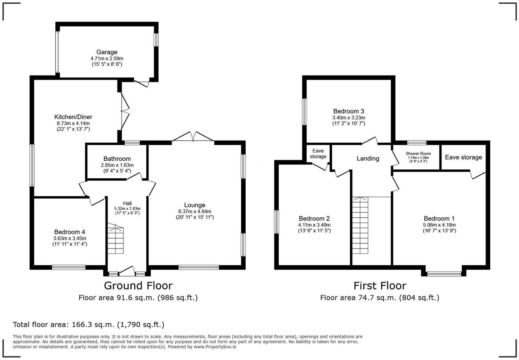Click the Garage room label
[x=107, y=52]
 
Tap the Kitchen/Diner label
[x=73, y=117]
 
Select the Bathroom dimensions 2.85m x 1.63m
[x=117, y=165]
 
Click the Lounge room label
[x=195, y=205]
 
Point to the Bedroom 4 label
[x=70, y=232]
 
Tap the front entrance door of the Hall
[x=127, y=271]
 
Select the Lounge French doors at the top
[x=193, y=137]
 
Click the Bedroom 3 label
[x=349, y=111]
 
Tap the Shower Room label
[x=418, y=154]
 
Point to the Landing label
[x=368, y=158]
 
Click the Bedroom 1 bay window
[x=444, y=273]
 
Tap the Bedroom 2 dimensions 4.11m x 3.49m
[x=314, y=225]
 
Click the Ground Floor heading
[x=138, y=286]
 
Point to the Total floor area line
[x=88, y=325]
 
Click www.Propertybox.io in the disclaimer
[x=215, y=347]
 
